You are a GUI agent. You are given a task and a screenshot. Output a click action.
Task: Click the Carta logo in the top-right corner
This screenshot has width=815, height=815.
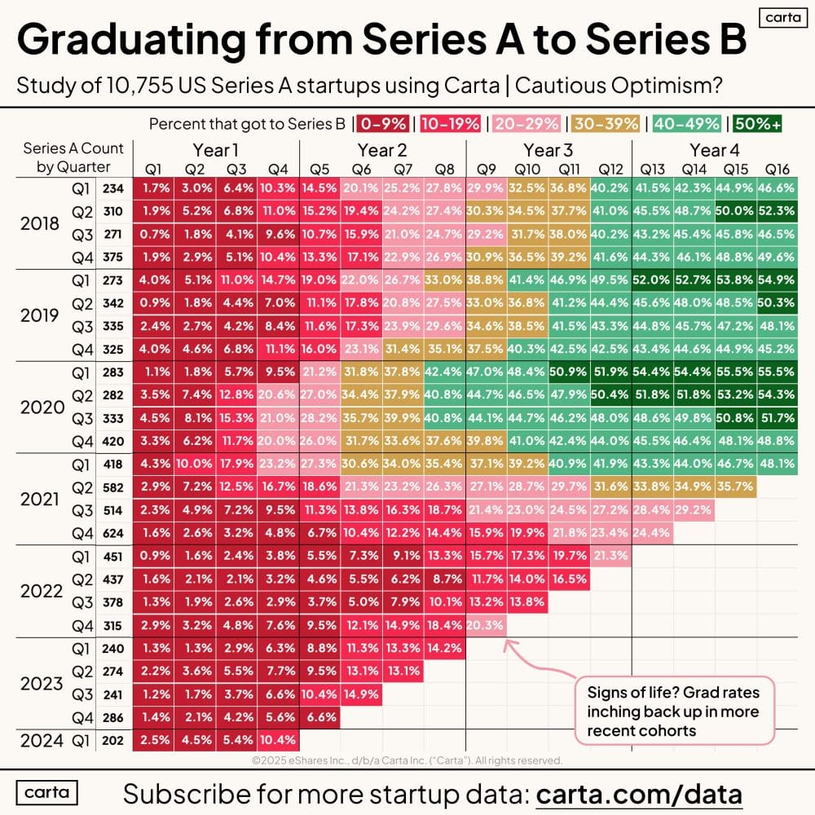click(x=779, y=18)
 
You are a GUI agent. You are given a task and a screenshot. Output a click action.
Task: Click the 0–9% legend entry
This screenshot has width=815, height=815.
click(x=382, y=125)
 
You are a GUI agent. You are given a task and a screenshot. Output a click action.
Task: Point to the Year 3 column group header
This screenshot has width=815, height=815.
click(x=548, y=150)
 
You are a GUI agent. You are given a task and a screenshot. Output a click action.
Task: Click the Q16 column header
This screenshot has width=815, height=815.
click(x=778, y=170)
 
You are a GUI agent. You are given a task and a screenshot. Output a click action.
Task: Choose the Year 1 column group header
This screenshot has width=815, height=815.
click(x=216, y=150)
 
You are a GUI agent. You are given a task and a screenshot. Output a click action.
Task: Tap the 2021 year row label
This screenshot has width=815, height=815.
click(x=40, y=498)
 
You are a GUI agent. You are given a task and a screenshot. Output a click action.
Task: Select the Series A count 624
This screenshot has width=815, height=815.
click(x=114, y=533)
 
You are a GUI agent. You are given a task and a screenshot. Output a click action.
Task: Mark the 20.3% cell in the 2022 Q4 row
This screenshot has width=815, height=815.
click(x=486, y=625)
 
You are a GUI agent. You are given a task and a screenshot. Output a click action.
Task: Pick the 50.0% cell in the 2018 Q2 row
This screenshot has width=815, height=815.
click(x=736, y=210)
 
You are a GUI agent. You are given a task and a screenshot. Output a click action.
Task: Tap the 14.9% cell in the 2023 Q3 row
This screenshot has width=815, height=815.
click(x=361, y=694)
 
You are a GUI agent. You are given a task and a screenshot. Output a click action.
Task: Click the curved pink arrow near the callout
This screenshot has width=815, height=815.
click(x=530, y=659)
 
